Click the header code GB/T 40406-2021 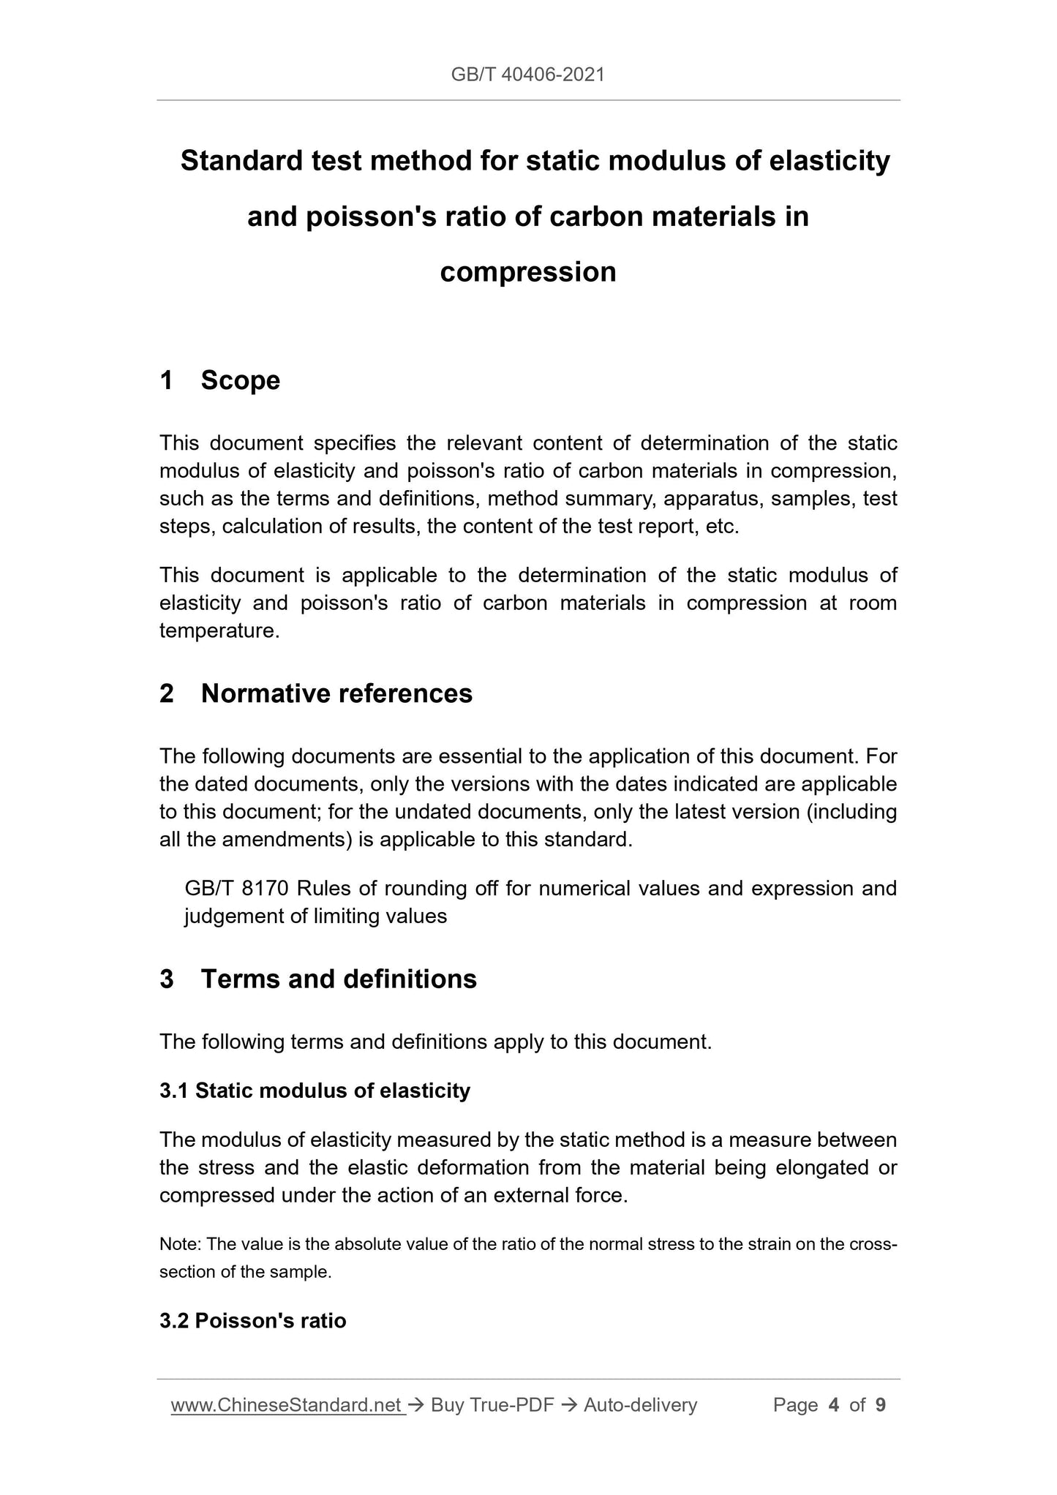[527, 74]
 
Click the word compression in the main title [527, 272]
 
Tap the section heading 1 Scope [220, 380]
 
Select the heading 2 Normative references [316, 693]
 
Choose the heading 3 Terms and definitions [318, 979]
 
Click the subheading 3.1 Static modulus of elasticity [315, 1091]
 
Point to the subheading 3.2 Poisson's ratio [252, 1320]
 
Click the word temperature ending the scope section [218, 630]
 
